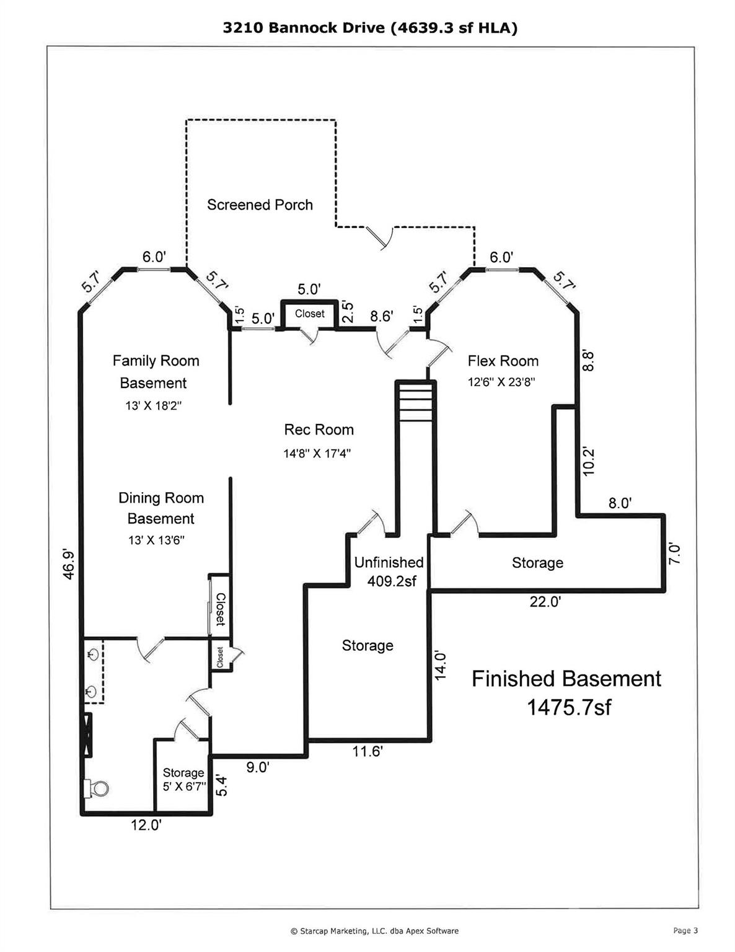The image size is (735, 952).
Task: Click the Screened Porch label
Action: coord(260,205)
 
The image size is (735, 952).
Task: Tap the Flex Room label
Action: coord(503,361)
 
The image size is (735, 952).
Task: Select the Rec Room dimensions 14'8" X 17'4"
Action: coord(317,453)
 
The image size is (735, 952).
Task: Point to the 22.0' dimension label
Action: coord(545,602)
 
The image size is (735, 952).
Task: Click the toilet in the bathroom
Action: coord(96,789)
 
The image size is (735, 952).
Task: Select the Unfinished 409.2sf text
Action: coord(389,571)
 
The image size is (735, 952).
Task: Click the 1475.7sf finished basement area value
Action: coord(568,707)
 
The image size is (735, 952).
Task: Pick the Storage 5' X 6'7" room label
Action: coord(183,779)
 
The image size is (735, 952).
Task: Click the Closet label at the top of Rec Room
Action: coord(309,314)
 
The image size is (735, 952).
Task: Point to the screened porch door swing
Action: coord(381,238)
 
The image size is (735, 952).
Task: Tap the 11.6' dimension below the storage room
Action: coord(367,752)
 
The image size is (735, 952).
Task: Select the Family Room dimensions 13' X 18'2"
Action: coord(154,406)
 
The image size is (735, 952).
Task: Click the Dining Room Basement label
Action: coord(161,508)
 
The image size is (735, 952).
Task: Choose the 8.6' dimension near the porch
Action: coord(381,316)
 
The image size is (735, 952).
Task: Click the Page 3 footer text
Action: coord(685,930)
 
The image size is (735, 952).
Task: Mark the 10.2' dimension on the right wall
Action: coord(589,461)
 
